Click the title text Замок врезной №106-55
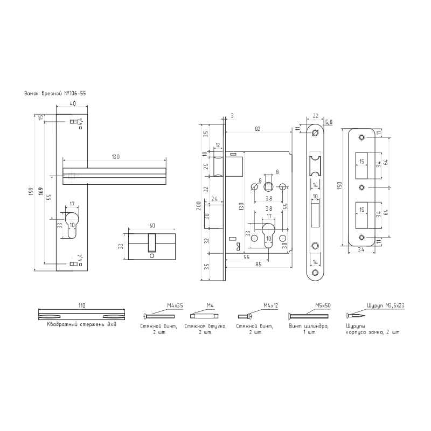coord(53,93)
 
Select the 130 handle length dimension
coord(115,156)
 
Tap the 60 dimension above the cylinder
coord(151,225)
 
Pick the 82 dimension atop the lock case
coord(258,128)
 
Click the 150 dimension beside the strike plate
coord(340,186)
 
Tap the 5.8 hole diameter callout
coord(329,122)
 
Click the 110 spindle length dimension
coord(82,305)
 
